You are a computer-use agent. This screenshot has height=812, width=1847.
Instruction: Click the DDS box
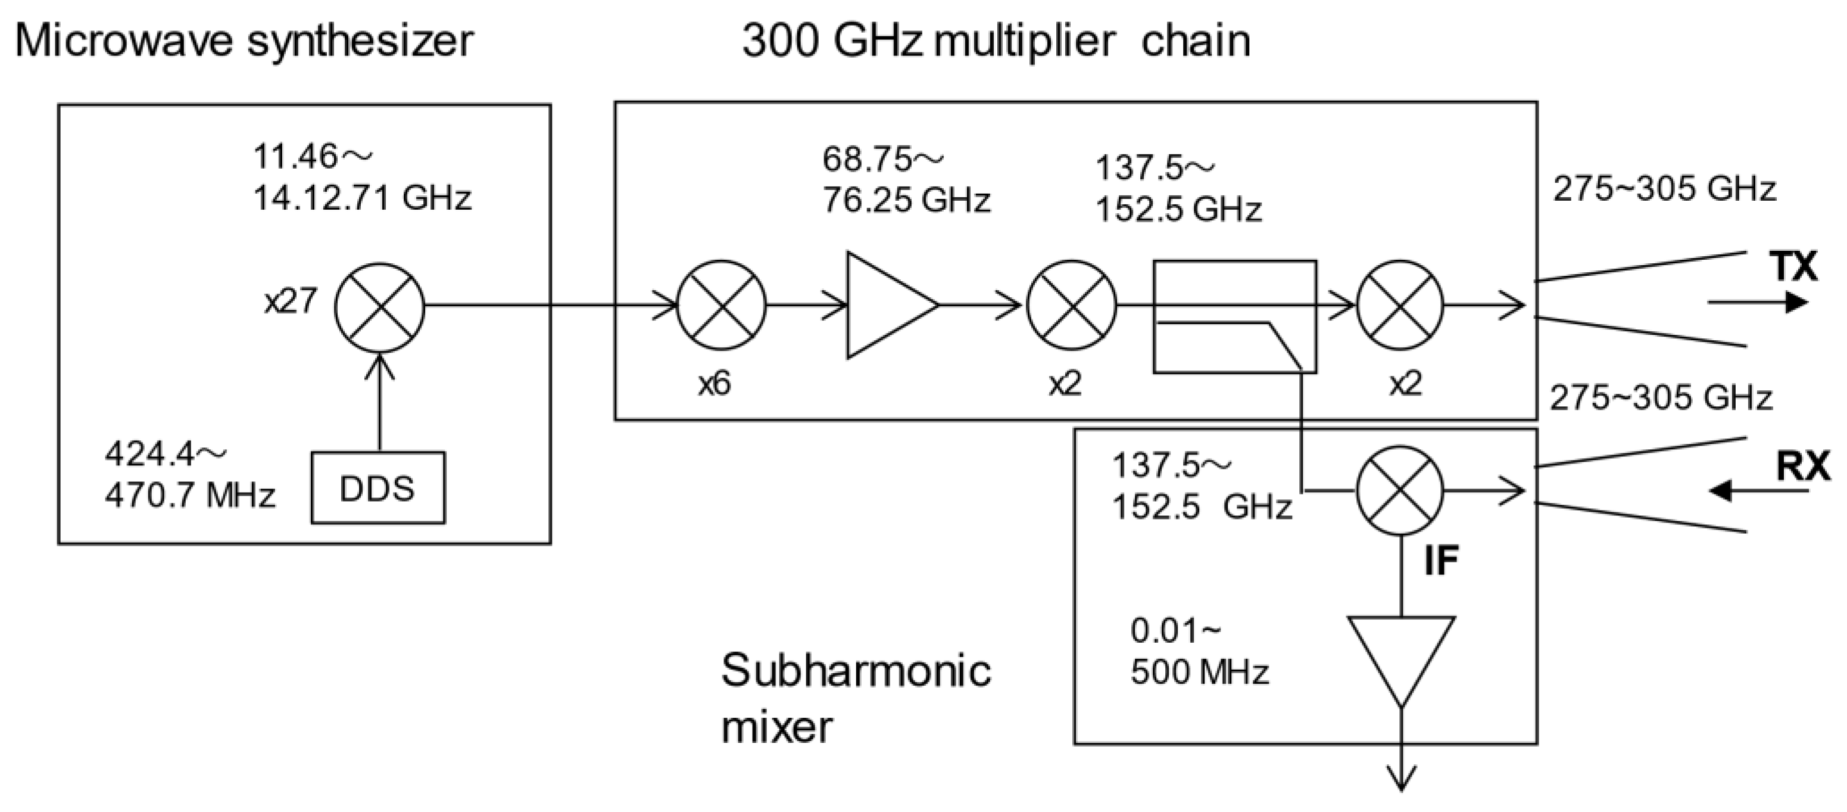click(x=378, y=488)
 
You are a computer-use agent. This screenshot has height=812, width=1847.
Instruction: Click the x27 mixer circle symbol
click(x=380, y=307)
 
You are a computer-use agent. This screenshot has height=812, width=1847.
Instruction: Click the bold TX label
click(x=1794, y=266)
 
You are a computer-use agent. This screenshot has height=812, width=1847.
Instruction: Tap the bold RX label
click(x=1802, y=466)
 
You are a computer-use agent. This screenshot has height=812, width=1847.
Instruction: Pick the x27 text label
click(x=291, y=301)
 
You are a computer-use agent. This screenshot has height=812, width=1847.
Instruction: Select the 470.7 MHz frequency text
click(x=190, y=496)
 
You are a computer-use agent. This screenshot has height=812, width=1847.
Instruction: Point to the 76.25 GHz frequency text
click(x=906, y=200)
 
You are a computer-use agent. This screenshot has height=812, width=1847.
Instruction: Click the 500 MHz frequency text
click(x=1200, y=672)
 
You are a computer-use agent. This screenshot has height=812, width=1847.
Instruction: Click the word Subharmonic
click(x=856, y=671)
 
